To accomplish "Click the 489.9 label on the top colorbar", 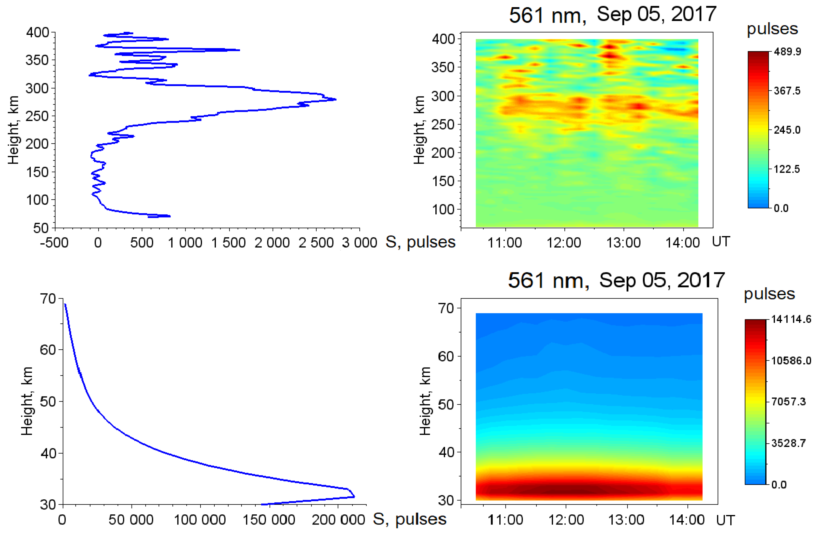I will tap(787, 52).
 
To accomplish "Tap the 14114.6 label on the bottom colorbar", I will tap(791, 319).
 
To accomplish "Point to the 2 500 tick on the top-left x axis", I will tap(316, 243).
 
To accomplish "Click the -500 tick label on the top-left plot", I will tap(54, 243).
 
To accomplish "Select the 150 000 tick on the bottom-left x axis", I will tap(269, 519).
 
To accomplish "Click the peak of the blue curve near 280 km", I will tap(335, 100).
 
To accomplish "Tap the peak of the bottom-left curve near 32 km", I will tap(354, 496).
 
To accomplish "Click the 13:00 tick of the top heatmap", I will tap(624, 243).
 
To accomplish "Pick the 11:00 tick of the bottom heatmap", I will tap(505, 519).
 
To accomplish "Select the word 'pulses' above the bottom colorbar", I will tap(769, 294).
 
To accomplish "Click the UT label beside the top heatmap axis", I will tap(721, 242).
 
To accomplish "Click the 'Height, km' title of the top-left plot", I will tap(13, 130).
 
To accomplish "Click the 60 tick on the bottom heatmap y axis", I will tap(446, 357).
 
